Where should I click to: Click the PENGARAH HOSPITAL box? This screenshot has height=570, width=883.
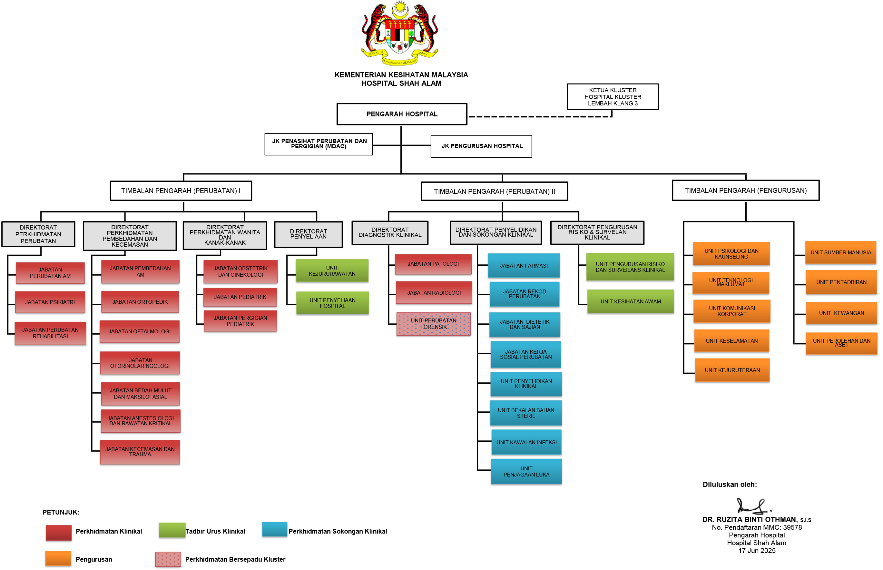402,114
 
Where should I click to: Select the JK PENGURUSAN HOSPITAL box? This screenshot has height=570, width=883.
481,146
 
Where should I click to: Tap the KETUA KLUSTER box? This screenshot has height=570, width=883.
613,97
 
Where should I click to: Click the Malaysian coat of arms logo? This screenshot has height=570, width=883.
400,33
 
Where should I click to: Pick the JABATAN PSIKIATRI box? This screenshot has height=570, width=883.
50,302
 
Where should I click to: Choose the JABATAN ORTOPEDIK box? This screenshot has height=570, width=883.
140,302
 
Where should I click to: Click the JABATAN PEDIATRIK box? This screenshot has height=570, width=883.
240,297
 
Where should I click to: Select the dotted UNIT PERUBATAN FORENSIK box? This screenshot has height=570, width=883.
433,324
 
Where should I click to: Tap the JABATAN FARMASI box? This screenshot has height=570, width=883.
524,265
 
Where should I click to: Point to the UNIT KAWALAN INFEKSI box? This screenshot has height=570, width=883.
526,442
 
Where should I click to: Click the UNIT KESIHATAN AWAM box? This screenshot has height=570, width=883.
630,301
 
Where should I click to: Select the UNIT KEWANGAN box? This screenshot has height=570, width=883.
841,313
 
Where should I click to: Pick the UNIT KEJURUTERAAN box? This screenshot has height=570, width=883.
732,370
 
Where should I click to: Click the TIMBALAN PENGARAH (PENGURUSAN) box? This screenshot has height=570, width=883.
745,190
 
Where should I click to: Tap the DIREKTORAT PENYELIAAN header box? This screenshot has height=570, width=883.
308,234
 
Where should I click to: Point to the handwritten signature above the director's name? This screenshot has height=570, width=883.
753,506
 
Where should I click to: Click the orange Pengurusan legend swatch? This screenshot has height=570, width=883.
58,558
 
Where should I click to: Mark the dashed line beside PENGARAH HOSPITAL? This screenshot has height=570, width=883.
540,117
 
